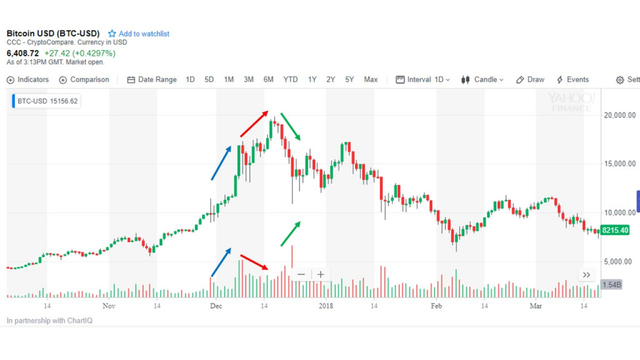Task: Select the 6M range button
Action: [x=268, y=79]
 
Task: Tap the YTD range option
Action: [x=291, y=79]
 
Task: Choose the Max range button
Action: [x=371, y=79]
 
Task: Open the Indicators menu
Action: [x=28, y=79]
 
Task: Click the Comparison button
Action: [x=84, y=79]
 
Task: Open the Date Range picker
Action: [x=152, y=79]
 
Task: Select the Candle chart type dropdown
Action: [x=482, y=79]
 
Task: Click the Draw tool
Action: [x=530, y=79]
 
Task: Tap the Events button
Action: [x=572, y=79]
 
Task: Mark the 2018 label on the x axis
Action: [x=326, y=306]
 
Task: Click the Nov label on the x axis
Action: [x=109, y=306]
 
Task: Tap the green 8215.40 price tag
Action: [x=615, y=231]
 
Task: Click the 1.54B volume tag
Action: [x=611, y=285]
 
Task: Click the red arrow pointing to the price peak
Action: [x=254, y=124]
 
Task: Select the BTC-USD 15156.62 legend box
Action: [x=47, y=101]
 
